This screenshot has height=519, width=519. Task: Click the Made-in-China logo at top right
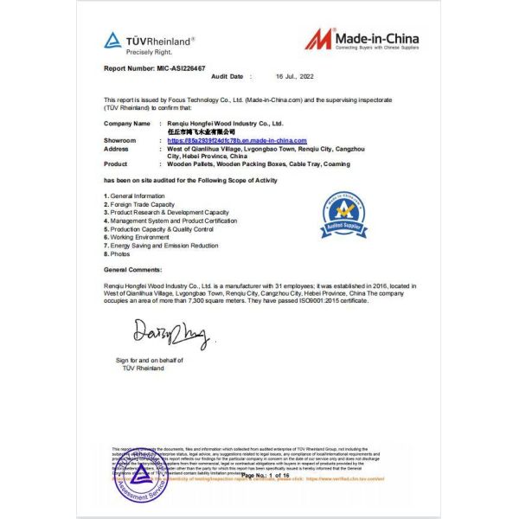click(x=362, y=41)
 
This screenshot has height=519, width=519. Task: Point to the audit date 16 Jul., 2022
click(x=293, y=77)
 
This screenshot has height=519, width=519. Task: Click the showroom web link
click(x=237, y=140)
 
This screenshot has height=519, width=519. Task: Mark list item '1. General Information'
click(x=134, y=196)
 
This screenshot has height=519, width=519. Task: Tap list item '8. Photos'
click(x=119, y=253)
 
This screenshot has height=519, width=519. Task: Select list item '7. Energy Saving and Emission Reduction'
click(x=161, y=246)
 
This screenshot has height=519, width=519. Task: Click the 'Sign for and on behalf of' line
click(x=150, y=359)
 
